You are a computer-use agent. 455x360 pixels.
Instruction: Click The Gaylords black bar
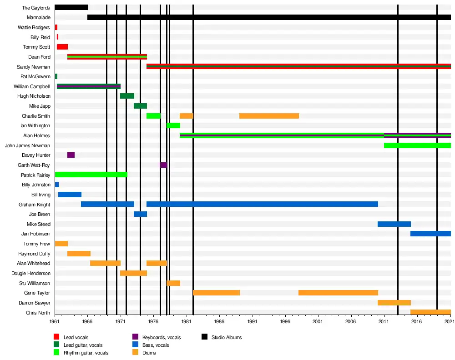pos(71,7)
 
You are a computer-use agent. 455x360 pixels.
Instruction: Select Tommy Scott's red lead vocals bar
pos(62,47)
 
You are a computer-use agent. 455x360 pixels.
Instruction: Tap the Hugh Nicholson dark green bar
pos(127,96)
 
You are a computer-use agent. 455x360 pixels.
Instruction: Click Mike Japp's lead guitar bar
pos(140,106)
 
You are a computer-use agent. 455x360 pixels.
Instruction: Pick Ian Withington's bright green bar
pos(173,125)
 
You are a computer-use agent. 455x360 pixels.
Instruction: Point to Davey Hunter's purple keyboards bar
pos(71,155)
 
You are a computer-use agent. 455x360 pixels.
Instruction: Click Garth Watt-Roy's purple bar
pos(163,165)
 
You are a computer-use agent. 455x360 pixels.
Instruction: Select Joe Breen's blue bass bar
pos(140,214)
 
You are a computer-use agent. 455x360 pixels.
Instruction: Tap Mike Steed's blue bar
pos(394,224)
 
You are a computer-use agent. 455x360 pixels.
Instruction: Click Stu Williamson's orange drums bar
pos(173,283)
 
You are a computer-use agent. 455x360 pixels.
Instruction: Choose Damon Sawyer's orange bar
pos(394,303)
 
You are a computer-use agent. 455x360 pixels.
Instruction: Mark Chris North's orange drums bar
pos(430,312)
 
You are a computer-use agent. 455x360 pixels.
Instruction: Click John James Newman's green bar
pos(417,145)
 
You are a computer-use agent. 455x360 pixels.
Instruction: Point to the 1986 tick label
pos(220,321)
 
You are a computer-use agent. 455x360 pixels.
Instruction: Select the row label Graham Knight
pos(35,205)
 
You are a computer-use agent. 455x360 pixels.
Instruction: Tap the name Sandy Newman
pos(34,67)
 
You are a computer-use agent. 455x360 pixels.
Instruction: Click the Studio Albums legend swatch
pos(204,337)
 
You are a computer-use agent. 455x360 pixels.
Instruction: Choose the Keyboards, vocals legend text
pos(162,337)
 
